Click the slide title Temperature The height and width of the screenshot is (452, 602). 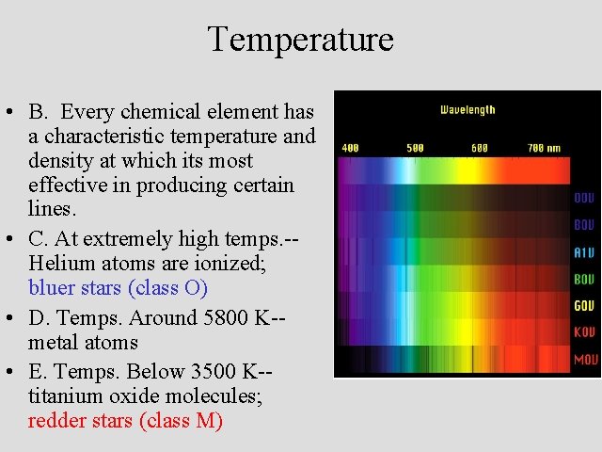click(300, 40)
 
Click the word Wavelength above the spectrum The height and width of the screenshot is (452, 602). click(467, 110)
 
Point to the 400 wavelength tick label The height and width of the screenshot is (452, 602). click(350, 148)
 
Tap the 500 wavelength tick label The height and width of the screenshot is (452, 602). click(415, 148)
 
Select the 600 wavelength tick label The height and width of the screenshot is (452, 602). click(480, 148)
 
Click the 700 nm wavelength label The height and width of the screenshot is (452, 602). click(544, 148)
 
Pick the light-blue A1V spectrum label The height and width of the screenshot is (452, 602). click(584, 253)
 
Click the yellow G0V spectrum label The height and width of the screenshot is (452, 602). click(584, 307)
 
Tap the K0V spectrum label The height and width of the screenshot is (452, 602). click(584, 333)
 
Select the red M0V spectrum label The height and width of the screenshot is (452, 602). click(584, 360)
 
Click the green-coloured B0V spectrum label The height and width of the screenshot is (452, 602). click(584, 280)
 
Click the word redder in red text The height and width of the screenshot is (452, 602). click(55, 421)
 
